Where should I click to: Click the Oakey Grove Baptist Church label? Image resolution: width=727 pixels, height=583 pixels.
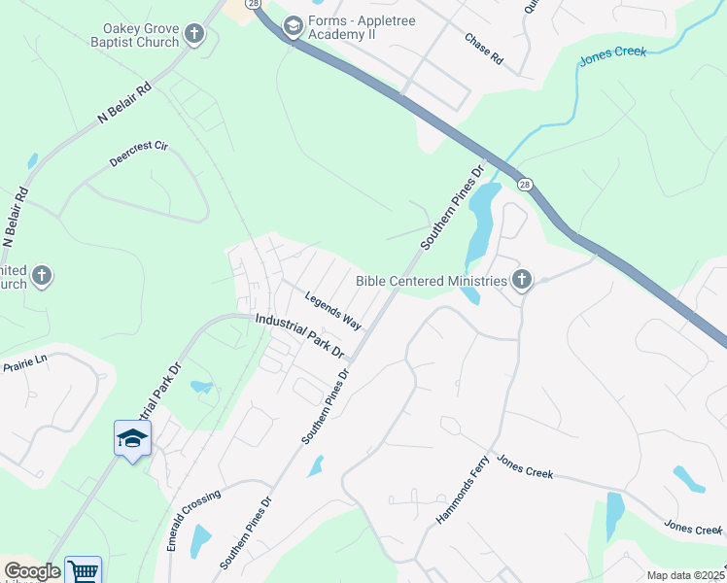tap(141, 36)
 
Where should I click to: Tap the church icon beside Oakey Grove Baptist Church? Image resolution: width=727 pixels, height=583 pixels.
tap(194, 36)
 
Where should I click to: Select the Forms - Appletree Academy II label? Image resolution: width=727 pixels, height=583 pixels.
tap(367, 28)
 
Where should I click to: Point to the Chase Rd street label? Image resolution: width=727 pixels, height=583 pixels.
tap(483, 50)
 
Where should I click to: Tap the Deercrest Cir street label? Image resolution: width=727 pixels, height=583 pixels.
tap(139, 154)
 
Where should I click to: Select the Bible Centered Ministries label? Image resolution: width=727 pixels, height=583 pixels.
tap(432, 281)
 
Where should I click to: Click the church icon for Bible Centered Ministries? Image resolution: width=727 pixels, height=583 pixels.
tap(522, 281)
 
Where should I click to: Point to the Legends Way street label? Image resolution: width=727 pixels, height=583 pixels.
tap(333, 309)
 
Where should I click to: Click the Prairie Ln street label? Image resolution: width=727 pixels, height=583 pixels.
tap(25, 363)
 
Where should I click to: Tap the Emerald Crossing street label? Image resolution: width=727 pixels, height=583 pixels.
tap(193, 521)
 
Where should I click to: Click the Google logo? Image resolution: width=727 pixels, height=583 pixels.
tap(32, 571)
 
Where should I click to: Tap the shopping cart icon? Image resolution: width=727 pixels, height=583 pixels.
tap(84, 571)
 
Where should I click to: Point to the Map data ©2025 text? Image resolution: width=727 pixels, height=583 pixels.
tap(685, 575)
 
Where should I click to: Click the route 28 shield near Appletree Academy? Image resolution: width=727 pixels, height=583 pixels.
tap(255, 4)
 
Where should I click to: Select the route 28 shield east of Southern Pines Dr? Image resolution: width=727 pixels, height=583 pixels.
tap(525, 185)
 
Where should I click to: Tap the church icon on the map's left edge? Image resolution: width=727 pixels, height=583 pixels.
tap(42, 277)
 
